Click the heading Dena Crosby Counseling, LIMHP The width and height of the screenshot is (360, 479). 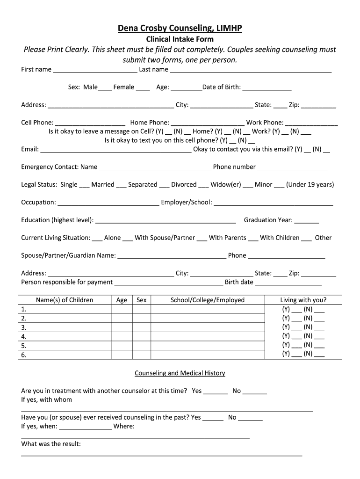(180, 29)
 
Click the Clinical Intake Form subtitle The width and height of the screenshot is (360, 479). (180, 39)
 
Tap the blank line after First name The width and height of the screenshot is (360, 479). (95, 70)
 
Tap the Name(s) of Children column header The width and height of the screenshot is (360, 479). (65, 300)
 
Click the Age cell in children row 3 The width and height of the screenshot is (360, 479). (122, 327)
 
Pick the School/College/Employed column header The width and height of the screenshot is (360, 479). (208, 300)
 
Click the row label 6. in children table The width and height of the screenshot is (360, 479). (24, 355)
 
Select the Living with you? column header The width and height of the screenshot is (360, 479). (303, 300)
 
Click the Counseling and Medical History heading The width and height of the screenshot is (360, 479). (180, 373)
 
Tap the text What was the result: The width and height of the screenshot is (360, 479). (51, 444)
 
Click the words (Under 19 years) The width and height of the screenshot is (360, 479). (310, 185)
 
